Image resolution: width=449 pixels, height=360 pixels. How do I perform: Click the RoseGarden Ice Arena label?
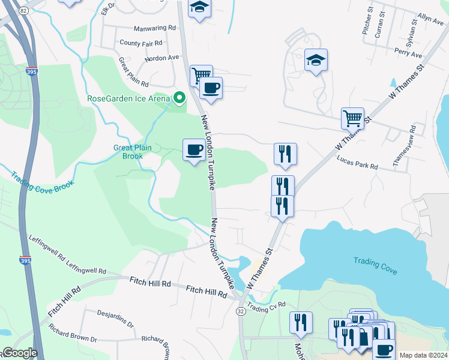128,99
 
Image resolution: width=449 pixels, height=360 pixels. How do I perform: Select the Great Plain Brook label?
129,152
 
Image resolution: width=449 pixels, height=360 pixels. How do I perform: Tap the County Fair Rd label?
141,43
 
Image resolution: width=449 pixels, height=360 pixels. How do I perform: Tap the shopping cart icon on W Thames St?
352,118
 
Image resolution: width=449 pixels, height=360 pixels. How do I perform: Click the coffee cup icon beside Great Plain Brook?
194,150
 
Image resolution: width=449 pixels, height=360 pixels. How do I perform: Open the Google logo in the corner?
19,353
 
